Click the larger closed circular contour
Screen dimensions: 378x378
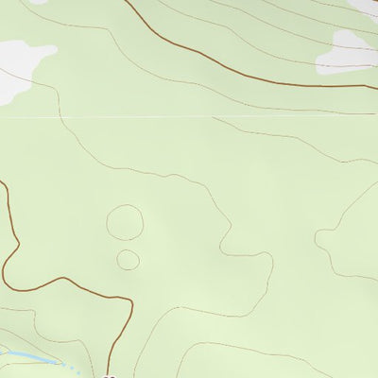point(125,223)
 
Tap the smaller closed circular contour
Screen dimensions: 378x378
point(128,259)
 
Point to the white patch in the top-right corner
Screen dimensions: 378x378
point(367,5)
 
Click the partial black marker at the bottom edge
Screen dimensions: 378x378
point(110,375)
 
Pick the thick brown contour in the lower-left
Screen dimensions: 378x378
point(57,281)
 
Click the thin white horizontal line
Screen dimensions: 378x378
point(189,117)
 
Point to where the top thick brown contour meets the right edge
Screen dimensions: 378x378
point(376,86)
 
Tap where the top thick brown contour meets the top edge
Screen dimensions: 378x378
point(126,1)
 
